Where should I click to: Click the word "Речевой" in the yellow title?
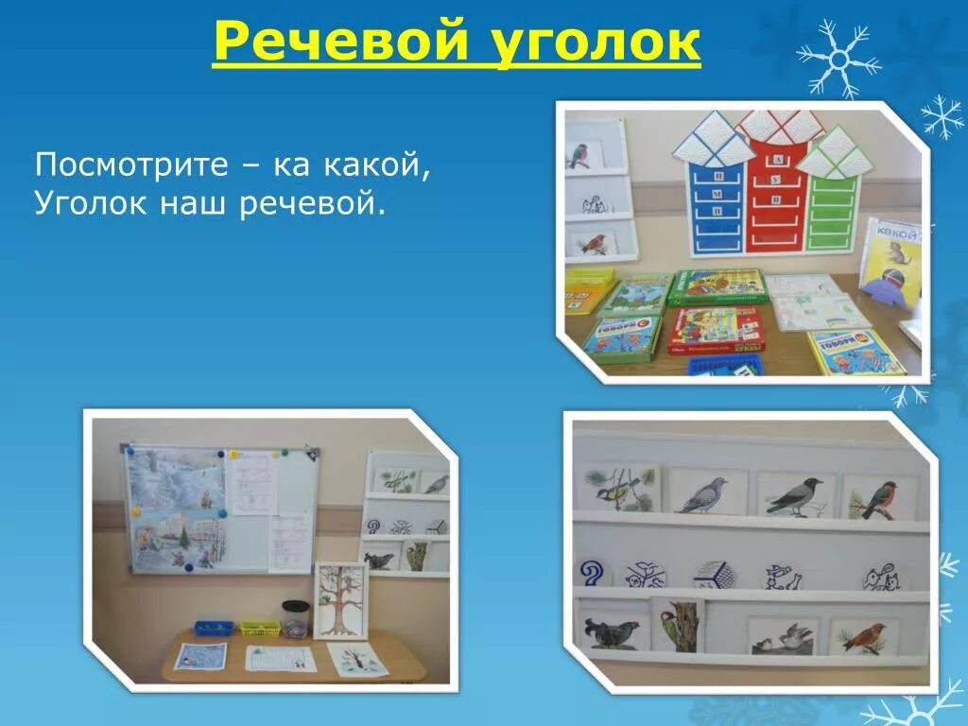(x=343, y=43)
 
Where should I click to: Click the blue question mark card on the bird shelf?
(x=593, y=572)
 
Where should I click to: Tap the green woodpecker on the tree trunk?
(x=678, y=624)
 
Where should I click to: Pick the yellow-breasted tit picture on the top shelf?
(x=618, y=489)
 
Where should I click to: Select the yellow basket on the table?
(x=260, y=628)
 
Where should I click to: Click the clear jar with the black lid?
(x=296, y=620)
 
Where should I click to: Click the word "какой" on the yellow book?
(x=897, y=230)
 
